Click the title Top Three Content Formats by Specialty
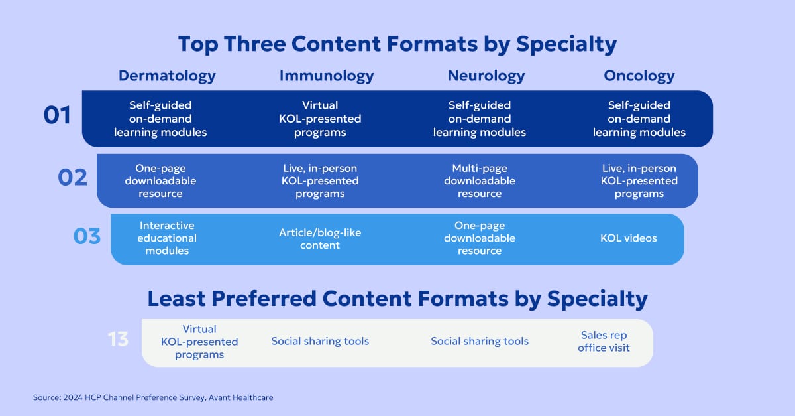[x=397, y=44]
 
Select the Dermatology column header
[x=167, y=76]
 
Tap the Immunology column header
[x=327, y=76]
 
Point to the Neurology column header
[x=486, y=76]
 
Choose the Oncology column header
[x=639, y=76]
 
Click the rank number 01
[x=57, y=116]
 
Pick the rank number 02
[x=72, y=178]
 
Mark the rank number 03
[x=87, y=236]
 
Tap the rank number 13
[x=118, y=340]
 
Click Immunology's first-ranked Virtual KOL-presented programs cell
[x=320, y=119]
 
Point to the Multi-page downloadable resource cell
[x=480, y=181]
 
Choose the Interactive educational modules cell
[x=167, y=238]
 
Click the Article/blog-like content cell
[x=320, y=239]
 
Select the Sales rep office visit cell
[x=604, y=341]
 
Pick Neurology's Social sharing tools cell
[x=480, y=341]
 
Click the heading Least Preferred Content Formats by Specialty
[x=397, y=299]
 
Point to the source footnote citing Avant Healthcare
[x=153, y=397]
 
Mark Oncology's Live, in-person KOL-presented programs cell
[x=639, y=181]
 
